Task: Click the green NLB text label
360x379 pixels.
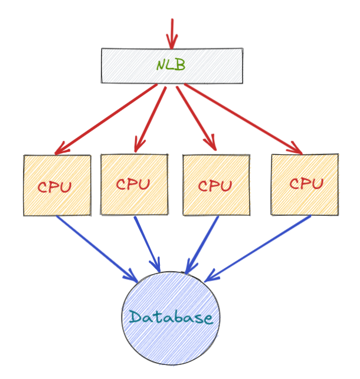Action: point(171,65)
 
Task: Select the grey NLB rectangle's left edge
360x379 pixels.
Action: point(102,65)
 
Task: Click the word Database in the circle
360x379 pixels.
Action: point(171,318)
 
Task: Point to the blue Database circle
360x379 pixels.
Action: point(171,342)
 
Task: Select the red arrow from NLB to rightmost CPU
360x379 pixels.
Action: point(242,118)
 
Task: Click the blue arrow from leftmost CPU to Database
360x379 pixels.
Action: point(94,247)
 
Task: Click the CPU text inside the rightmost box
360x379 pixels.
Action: point(306,183)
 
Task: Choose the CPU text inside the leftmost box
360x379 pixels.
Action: point(54,187)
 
